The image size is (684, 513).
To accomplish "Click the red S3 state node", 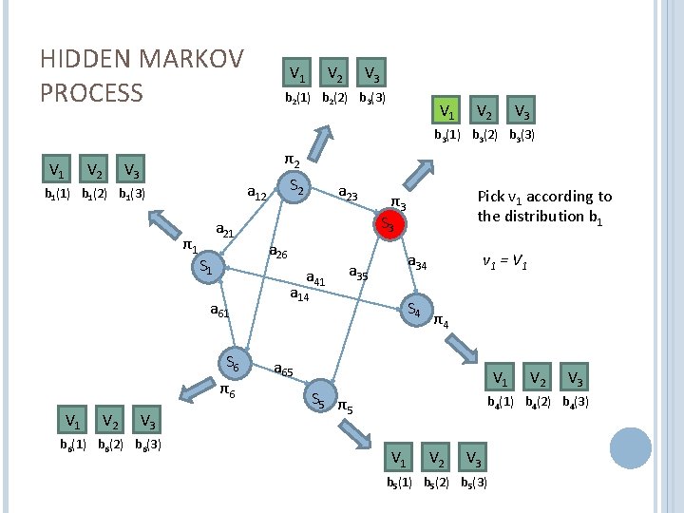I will click(388, 225).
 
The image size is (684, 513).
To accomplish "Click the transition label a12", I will click(256, 195).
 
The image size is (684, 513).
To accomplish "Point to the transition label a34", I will click(417, 262).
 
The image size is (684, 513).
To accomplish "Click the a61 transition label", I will click(219, 311).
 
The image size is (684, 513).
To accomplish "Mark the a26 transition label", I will click(278, 253).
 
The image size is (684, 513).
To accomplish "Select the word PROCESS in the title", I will click(91, 92).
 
